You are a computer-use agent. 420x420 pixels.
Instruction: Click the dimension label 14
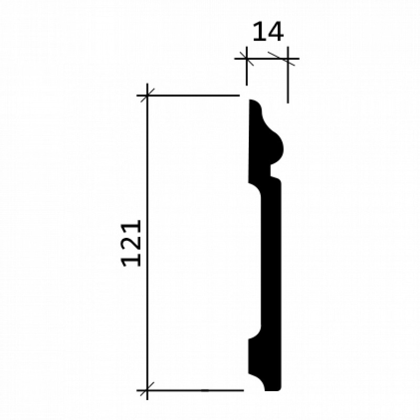click(x=268, y=32)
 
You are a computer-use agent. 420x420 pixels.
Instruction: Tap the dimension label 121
click(x=131, y=244)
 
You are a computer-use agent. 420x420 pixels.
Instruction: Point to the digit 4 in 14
click(x=275, y=32)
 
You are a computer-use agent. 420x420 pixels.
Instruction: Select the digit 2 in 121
click(x=131, y=244)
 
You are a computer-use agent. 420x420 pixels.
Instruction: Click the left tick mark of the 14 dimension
click(x=246, y=58)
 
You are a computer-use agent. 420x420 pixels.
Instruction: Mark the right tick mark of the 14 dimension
click(x=282, y=58)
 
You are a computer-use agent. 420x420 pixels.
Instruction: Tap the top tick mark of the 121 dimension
click(x=148, y=95)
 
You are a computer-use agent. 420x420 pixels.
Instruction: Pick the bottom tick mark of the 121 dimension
click(x=148, y=390)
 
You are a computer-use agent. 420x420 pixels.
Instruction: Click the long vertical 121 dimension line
click(x=148, y=242)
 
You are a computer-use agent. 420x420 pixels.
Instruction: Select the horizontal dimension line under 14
click(x=267, y=58)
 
